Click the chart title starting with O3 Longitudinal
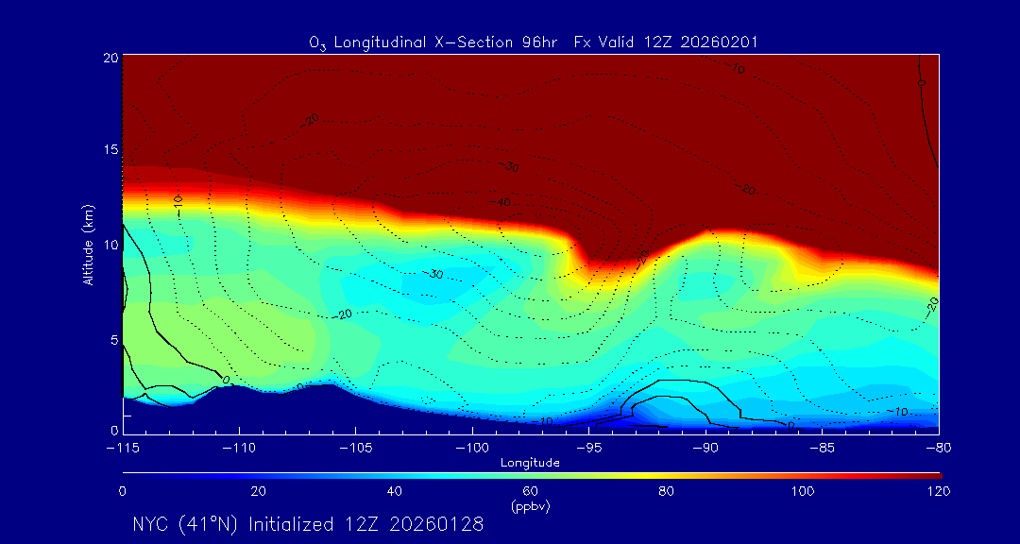tap(534, 42)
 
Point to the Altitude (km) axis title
tap(89, 243)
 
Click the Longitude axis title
tap(530, 463)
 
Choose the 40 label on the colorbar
tap(395, 491)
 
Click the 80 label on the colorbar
tap(668, 491)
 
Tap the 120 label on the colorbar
tap(939, 491)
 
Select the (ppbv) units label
tap(530, 506)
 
